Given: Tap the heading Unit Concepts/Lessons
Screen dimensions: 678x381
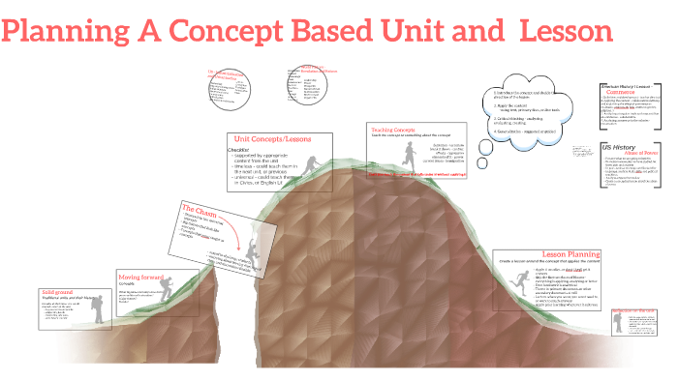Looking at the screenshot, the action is coord(271,139).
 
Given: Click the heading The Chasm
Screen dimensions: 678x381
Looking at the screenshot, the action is coord(199,210).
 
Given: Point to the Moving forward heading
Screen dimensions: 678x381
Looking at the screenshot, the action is coord(141,276).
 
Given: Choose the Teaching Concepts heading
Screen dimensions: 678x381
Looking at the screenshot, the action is coord(393,129).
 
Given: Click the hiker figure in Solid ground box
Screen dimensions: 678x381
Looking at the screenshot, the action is coord(98,304).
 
